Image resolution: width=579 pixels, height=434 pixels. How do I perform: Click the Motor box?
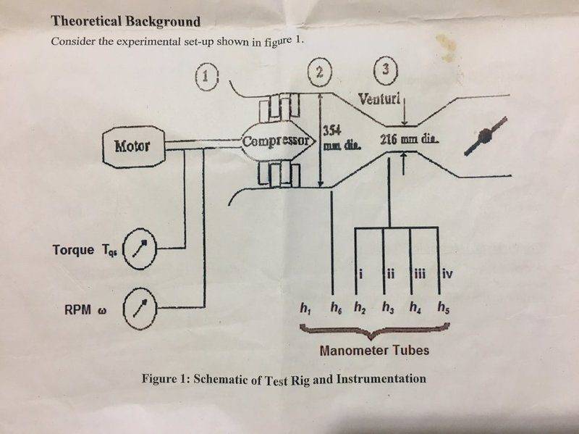pyautogui.click(x=134, y=146)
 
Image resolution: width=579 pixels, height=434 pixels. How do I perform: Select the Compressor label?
pyautogui.click(x=276, y=141)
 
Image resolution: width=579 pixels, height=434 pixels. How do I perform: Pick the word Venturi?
pyautogui.click(x=379, y=99)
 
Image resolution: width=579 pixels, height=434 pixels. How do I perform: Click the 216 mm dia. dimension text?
pyautogui.click(x=409, y=139)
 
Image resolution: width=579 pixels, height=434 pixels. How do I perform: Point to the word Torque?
pyautogui.click(x=73, y=250)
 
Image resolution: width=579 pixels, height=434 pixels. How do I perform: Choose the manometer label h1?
pyautogui.click(x=305, y=307)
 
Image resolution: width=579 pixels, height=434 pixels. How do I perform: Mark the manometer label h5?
pyautogui.click(x=444, y=307)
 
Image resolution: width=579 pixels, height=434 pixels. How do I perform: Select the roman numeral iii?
pyautogui.click(x=420, y=274)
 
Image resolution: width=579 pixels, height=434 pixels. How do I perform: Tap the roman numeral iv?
pyautogui.click(x=447, y=274)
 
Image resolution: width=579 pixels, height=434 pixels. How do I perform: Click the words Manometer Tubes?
pyautogui.click(x=374, y=350)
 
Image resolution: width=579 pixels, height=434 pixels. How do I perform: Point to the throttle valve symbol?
pyautogui.click(x=485, y=135)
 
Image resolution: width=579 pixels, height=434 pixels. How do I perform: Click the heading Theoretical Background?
pyautogui.click(x=126, y=21)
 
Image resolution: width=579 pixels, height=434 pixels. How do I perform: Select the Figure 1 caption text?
pyautogui.click(x=284, y=379)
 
